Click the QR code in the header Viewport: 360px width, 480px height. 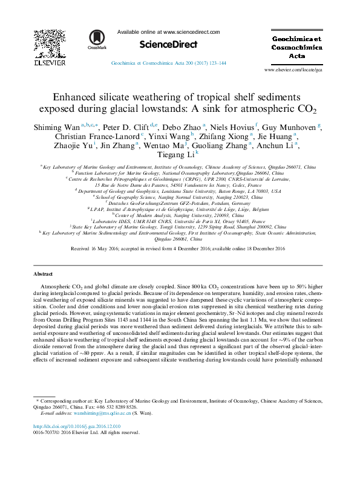(x=50, y=44)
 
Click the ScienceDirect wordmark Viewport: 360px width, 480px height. (x=169, y=44)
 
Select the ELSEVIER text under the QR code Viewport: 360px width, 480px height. (x=50, y=62)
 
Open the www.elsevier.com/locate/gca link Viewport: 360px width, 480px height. (x=293, y=70)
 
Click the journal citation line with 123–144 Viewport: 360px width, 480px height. (x=169, y=63)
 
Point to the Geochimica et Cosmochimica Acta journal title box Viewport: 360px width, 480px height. (x=297, y=47)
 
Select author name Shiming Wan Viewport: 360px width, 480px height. (x=57, y=128)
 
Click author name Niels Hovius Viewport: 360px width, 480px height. (x=232, y=128)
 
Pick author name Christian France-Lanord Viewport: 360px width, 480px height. (x=97, y=137)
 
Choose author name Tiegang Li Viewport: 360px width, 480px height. (x=176, y=155)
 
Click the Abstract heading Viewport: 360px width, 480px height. (x=43, y=274)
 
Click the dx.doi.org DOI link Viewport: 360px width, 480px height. (x=77, y=426)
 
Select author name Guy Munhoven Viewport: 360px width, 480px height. (x=289, y=128)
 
